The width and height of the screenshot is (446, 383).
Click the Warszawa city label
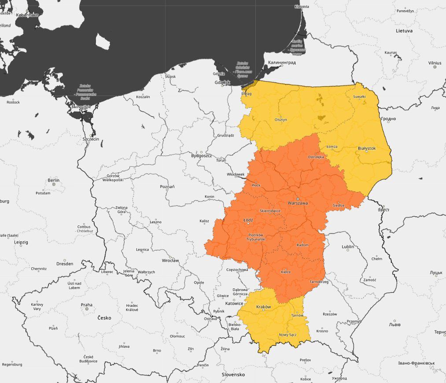coord(297,203)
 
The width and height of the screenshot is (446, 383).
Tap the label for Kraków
coord(263,306)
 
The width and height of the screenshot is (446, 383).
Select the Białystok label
coord(367,148)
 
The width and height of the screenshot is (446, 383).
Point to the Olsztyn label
coord(281,119)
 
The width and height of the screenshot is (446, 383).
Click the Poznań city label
coord(167,187)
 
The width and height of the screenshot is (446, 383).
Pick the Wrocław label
coord(170,261)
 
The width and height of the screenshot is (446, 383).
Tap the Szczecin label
coord(91,139)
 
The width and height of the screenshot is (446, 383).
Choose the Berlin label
coord(53,180)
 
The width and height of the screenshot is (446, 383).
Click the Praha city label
coord(87,305)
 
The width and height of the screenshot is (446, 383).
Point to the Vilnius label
coord(435,63)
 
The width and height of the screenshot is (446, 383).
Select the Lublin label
coord(348,247)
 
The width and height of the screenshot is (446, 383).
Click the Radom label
coord(303,245)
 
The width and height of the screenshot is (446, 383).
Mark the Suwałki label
coord(359,96)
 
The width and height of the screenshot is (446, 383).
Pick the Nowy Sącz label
coord(288,335)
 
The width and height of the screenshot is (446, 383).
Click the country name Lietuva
coord(404,31)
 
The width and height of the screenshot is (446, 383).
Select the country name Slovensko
coord(233,375)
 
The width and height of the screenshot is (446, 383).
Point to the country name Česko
coord(104,317)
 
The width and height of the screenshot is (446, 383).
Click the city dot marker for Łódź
coord(247,224)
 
